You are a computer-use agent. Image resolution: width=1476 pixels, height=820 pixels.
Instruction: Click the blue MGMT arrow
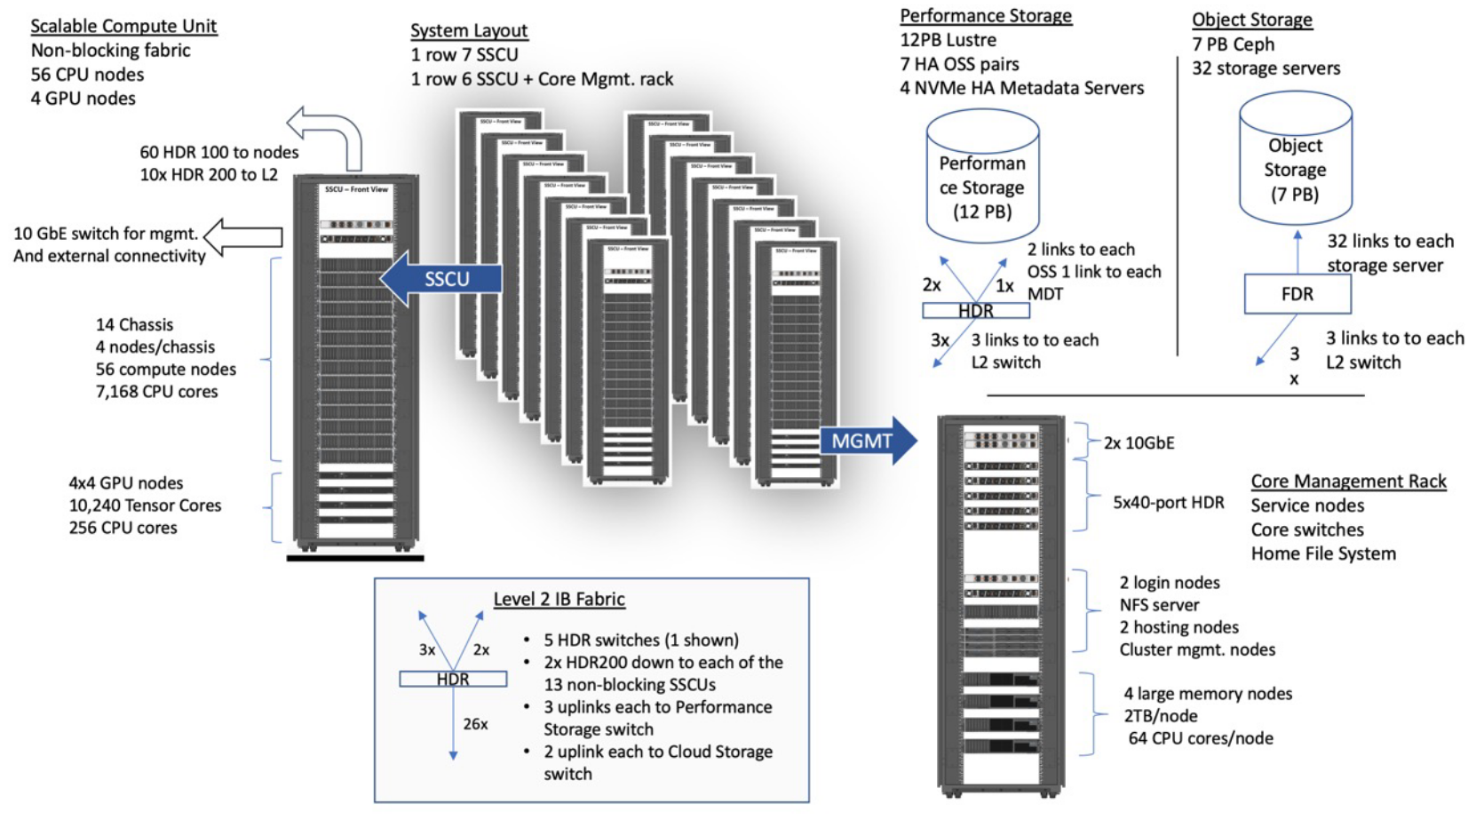click(866, 441)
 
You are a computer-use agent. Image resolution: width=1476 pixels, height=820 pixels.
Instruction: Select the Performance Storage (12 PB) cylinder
click(982, 178)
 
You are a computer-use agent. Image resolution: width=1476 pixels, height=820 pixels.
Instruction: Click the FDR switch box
click(1297, 294)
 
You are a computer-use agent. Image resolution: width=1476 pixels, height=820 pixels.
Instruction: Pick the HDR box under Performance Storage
click(975, 311)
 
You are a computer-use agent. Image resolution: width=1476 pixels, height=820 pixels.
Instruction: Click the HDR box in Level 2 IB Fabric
click(453, 679)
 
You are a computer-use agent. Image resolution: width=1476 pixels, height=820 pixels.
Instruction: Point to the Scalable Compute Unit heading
click(123, 26)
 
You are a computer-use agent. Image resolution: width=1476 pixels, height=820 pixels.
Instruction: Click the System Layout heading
click(469, 30)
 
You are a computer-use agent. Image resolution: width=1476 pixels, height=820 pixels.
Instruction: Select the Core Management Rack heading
click(1348, 481)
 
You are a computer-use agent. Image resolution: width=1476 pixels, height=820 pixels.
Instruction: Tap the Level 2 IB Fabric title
click(559, 599)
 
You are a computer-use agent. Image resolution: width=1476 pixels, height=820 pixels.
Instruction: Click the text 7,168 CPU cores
click(156, 391)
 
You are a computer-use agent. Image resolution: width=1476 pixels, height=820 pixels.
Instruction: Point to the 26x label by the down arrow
click(475, 724)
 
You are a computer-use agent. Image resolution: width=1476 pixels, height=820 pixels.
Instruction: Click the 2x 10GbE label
click(1139, 442)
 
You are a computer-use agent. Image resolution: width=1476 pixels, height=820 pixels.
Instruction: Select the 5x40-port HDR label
click(1168, 502)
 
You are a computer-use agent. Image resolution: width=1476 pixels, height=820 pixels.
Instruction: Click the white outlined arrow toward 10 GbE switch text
click(243, 237)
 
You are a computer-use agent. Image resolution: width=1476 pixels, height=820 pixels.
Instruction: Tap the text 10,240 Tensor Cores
click(145, 505)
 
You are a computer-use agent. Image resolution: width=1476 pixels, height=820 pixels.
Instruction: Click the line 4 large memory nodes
click(1207, 693)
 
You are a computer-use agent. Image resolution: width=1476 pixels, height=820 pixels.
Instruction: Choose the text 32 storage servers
click(1266, 68)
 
